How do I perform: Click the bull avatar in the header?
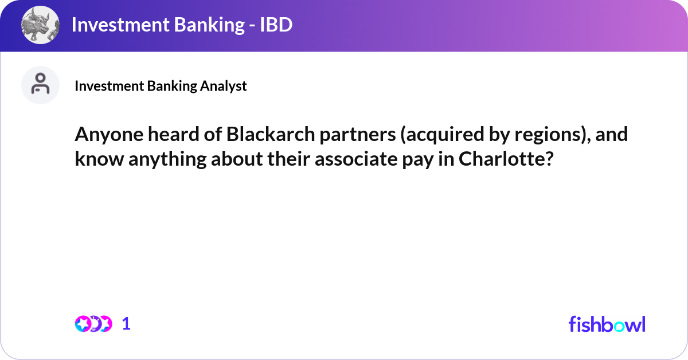tap(40, 25)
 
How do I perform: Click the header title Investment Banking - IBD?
tap(182, 25)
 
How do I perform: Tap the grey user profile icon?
tap(40, 85)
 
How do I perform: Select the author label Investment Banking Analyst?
tap(161, 86)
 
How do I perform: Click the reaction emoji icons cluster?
tap(93, 324)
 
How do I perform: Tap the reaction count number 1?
tap(127, 324)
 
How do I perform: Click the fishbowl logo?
tap(607, 324)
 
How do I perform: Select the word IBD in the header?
tap(273, 25)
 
